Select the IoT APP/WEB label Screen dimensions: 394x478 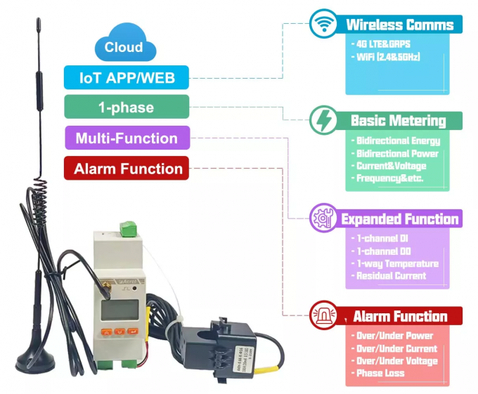point(126,77)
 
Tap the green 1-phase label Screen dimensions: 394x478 point(126,107)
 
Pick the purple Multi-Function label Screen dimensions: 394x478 point(126,138)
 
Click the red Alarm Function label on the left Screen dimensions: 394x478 point(127,169)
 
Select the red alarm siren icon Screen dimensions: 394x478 point(324,315)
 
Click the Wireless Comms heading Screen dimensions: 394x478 point(399,25)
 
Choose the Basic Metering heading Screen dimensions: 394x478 point(398,121)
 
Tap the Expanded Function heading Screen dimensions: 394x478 point(399,219)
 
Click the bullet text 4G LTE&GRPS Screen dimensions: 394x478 point(383,44)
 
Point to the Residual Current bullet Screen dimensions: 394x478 point(390,276)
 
